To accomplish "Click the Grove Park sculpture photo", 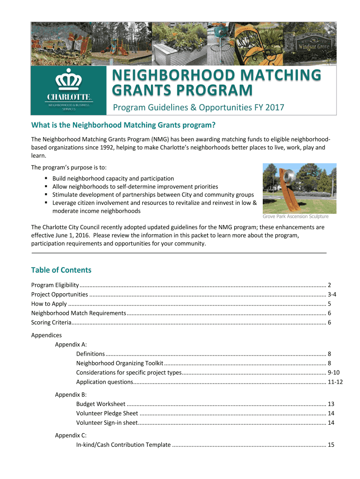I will coord(299,188).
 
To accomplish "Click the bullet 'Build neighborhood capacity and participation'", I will coord(113,178).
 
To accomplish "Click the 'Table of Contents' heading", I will coord(61,270).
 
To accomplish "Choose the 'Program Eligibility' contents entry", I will coord(55,285).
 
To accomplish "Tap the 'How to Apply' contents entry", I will coord(49,304).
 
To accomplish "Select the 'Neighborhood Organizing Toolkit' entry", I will coord(120,363).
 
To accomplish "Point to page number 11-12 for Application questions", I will coord(335,382).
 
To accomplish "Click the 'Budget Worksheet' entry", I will coord(101,404).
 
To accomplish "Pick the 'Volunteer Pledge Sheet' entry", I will coord(107,413).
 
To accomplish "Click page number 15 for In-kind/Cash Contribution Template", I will coord(331,444).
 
